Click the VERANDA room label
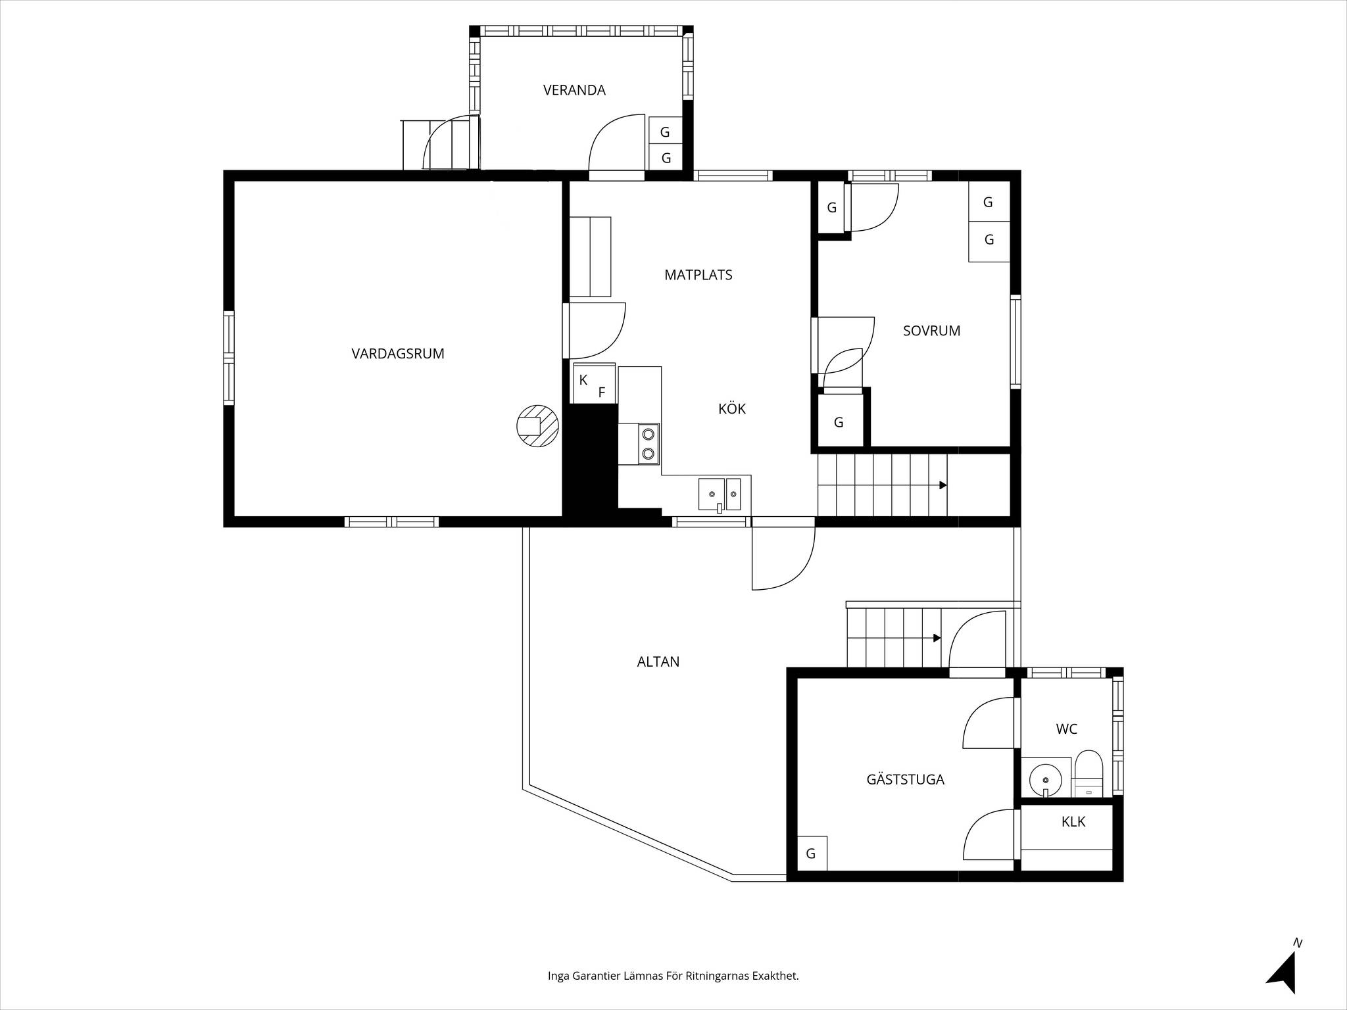coord(574,90)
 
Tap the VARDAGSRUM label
coord(398,354)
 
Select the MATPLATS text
coord(698,275)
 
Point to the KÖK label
coord(732,408)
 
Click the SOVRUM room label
coord(931,331)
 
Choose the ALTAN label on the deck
coord(658,662)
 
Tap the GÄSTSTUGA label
coord(906,779)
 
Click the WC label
coord(1067,729)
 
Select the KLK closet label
coord(1073,822)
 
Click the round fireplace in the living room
coord(538,426)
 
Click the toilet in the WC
coord(1088,773)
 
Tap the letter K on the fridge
coord(583,380)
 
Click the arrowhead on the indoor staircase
coord(943,485)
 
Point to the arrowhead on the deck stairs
coord(937,638)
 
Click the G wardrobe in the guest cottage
coord(812,854)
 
